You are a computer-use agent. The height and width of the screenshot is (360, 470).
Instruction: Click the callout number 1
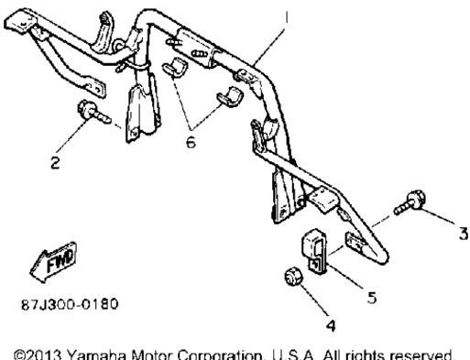tap(286, 17)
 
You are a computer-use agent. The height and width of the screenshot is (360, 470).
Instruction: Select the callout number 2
tap(55, 162)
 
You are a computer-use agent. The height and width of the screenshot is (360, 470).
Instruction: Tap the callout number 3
tap(464, 234)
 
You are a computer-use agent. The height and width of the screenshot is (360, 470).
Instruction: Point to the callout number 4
tap(331, 325)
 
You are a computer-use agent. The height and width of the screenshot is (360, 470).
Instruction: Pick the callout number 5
tap(372, 298)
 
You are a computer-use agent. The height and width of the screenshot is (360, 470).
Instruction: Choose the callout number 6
tap(191, 142)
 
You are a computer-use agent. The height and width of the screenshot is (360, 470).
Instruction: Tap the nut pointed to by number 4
tap(293, 277)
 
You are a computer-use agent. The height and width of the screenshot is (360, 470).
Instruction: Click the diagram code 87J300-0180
tap(70, 304)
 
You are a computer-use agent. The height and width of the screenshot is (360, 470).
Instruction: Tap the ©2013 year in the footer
tap(38, 355)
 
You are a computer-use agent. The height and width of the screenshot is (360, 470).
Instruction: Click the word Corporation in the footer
tap(220, 355)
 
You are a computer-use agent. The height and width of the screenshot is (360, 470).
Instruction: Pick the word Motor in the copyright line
tap(152, 355)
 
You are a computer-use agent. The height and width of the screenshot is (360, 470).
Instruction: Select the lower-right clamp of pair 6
tap(230, 97)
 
